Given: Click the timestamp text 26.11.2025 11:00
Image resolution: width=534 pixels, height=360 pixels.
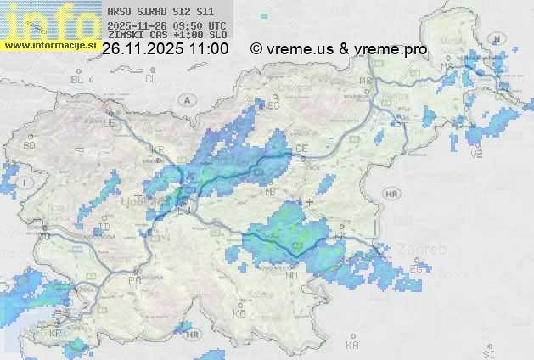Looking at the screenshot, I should click(x=165, y=49).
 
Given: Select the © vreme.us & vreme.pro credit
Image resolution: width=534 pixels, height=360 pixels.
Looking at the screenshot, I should click(x=339, y=49).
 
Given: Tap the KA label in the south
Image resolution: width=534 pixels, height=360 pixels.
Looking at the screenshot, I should click(x=352, y=346).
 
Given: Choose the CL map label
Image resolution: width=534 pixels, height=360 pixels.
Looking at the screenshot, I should click(x=151, y=79).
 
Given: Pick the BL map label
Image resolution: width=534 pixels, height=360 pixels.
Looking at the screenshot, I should click(x=78, y=79).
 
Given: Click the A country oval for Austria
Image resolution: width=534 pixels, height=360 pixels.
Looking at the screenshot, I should click(x=186, y=99).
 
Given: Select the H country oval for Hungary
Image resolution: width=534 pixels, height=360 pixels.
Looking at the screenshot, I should click(x=500, y=38).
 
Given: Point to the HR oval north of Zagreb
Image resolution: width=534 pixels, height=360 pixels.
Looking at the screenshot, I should click(x=391, y=194).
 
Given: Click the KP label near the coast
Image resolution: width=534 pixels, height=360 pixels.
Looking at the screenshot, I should click(x=56, y=334).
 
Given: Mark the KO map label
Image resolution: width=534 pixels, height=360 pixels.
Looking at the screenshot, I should click(x=239, y=313).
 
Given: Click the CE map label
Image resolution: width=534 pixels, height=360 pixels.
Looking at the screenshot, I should click(x=301, y=149).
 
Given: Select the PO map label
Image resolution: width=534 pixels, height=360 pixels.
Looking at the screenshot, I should click(x=134, y=279).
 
